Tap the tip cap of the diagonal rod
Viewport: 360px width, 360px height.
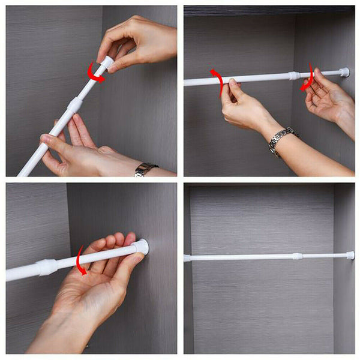pos(107,62)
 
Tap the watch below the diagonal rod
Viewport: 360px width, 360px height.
pos(145,170)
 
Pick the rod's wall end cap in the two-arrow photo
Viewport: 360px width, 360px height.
pos(344,73)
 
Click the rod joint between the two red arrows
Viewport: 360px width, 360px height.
pos(293,76)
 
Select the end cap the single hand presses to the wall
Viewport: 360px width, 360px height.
pos(142,247)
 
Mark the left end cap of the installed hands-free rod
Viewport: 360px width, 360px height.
pos(187,258)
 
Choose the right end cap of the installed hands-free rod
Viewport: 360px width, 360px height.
pos(350,255)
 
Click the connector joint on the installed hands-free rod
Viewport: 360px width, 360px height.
pos(296,256)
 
